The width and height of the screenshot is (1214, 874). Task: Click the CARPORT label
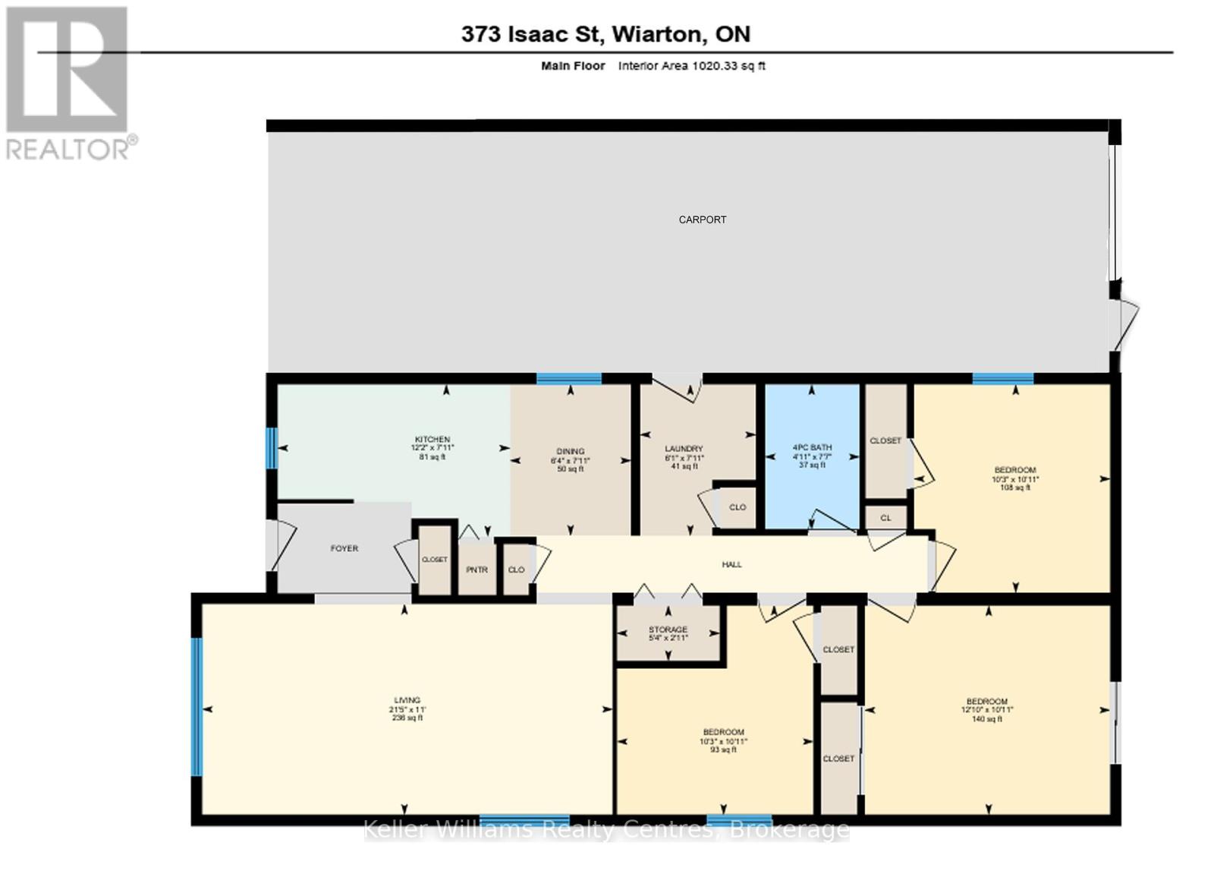tap(702, 219)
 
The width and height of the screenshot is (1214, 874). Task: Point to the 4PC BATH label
tap(811, 456)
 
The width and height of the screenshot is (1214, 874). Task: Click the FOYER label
tap(344, 548)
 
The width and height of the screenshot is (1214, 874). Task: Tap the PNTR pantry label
tap(476, 570)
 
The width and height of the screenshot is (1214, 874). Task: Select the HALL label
tap(731, 564)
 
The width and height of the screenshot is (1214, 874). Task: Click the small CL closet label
tap(885, 518)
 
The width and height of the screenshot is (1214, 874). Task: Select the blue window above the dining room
tap(569, 378)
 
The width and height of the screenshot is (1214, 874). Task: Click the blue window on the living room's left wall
tap(197, 706)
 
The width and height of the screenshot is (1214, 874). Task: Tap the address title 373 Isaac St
tap(605, 33)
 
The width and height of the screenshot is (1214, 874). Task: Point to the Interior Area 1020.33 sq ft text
tap(691, 66)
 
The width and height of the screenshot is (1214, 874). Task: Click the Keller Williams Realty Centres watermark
tap(605, 829)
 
